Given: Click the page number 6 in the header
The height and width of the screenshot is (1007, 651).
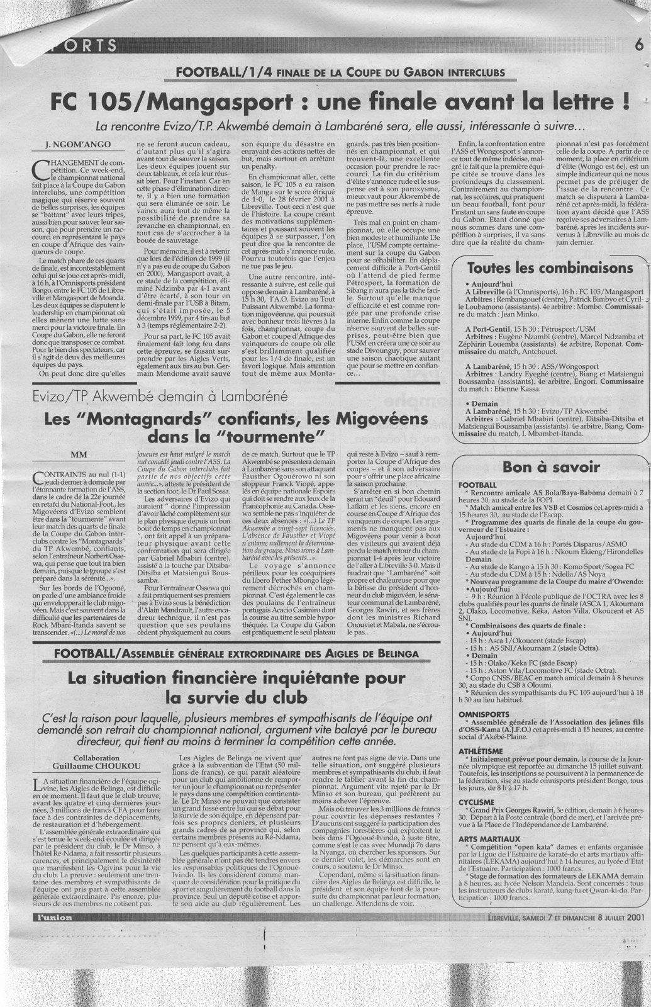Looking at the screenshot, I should (x=637, y=45).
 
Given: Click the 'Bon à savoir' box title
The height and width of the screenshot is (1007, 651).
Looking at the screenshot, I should (x=542, y=466).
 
